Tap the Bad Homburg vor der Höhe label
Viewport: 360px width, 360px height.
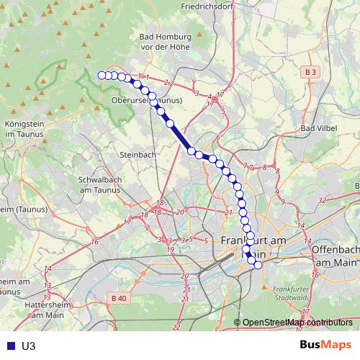(x=166, y=42)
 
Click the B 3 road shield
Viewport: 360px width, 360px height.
(x=310, y=73)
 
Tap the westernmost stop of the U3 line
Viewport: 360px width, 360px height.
(x=102, y=75)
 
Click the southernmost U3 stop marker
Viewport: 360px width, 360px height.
(x=258, y=264)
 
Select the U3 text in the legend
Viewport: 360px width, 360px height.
(x=28, y=346)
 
